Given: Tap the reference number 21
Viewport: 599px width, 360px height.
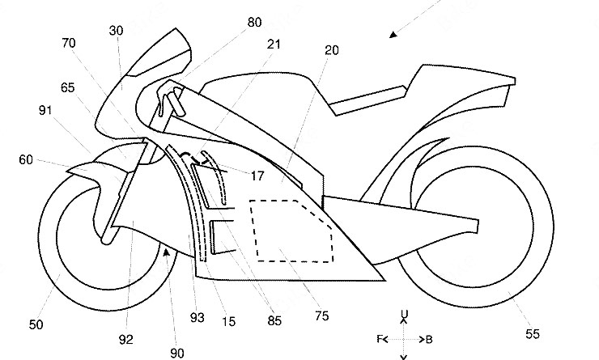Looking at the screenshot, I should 274,44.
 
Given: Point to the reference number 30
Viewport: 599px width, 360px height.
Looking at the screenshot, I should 116,30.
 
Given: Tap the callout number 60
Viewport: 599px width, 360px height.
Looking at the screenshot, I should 28,159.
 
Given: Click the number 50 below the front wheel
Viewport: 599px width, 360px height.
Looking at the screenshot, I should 36,324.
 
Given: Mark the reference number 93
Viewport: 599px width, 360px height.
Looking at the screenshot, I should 196,318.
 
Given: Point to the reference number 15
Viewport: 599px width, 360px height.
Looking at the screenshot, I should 229,322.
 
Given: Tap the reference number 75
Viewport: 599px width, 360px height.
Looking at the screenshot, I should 321,316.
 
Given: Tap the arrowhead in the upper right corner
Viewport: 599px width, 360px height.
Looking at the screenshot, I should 394,34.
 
